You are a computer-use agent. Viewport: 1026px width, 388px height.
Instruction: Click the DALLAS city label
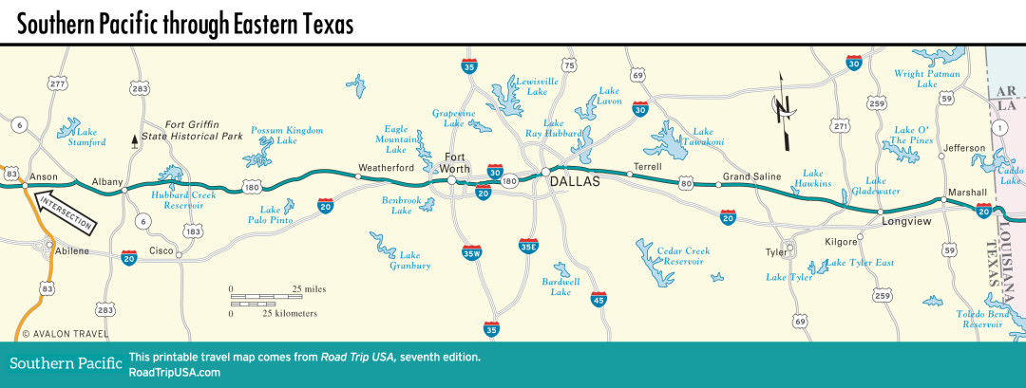pyautogui.click(x=576, y=181)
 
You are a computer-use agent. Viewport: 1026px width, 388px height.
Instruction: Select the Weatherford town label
pyautogui.click(x=384, y=168)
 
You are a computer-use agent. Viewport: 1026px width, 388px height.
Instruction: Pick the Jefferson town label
pyautogui.click(x=963, y=148)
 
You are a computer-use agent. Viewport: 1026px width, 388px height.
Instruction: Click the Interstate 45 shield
pyautogui.click(x=598, y=299)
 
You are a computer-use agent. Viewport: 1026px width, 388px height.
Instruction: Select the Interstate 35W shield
pyautogui.click(x=471, y=252)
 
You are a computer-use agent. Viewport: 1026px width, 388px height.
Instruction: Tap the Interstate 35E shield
pyautogui.click(x=529, y=247)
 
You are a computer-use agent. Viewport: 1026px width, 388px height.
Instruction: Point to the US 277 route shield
pyautogui.click(x=58, y=84)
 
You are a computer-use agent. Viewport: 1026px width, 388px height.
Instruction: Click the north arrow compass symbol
pyautogui.click(x=784, y=110)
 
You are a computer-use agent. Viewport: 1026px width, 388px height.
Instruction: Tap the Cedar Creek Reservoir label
pyautogui.click(x=683, y=256)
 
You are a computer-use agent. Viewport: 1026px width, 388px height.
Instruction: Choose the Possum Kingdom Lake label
pyautogui.click(x=287, y=136)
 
